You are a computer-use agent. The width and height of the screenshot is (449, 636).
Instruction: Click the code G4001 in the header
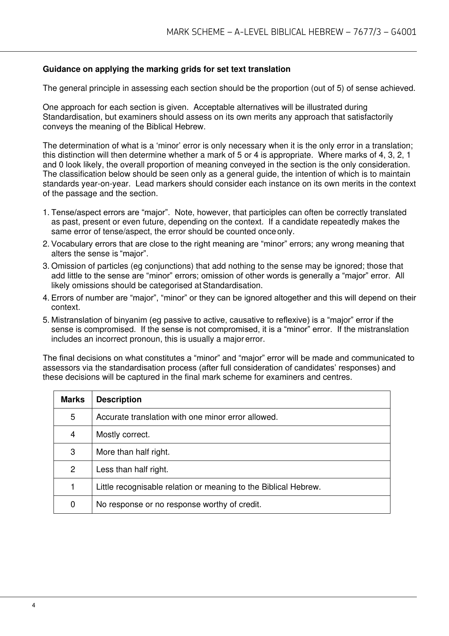(x=404, y=32)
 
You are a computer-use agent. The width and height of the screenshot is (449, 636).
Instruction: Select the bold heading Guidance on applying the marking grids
(x=166, y=69)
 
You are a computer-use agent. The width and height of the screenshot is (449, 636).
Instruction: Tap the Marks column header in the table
(x=73, y=400)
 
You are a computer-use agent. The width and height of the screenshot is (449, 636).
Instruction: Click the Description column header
(x=119, y=400)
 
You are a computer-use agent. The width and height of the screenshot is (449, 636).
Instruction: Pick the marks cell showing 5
(x=73, y=417)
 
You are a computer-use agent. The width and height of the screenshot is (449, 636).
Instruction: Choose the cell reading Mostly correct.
(x=123, y=434)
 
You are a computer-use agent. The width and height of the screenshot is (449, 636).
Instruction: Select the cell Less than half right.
(x=132, y=469)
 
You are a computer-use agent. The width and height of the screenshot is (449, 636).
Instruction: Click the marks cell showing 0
(x=73, y=504)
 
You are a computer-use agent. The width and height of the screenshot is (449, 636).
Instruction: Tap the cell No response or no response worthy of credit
(x=179, y=504)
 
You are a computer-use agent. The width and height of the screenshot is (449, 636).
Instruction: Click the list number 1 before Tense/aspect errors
(x=45, y=213)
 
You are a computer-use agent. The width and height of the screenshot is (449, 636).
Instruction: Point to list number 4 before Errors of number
(x=45, y=298)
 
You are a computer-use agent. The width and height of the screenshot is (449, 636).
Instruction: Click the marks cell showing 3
(x=73, y=452)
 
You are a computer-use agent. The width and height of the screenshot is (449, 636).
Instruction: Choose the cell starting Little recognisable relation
(x=208, y=487)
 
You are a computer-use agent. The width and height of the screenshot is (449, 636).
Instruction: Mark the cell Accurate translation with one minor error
(x=187, y=417)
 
